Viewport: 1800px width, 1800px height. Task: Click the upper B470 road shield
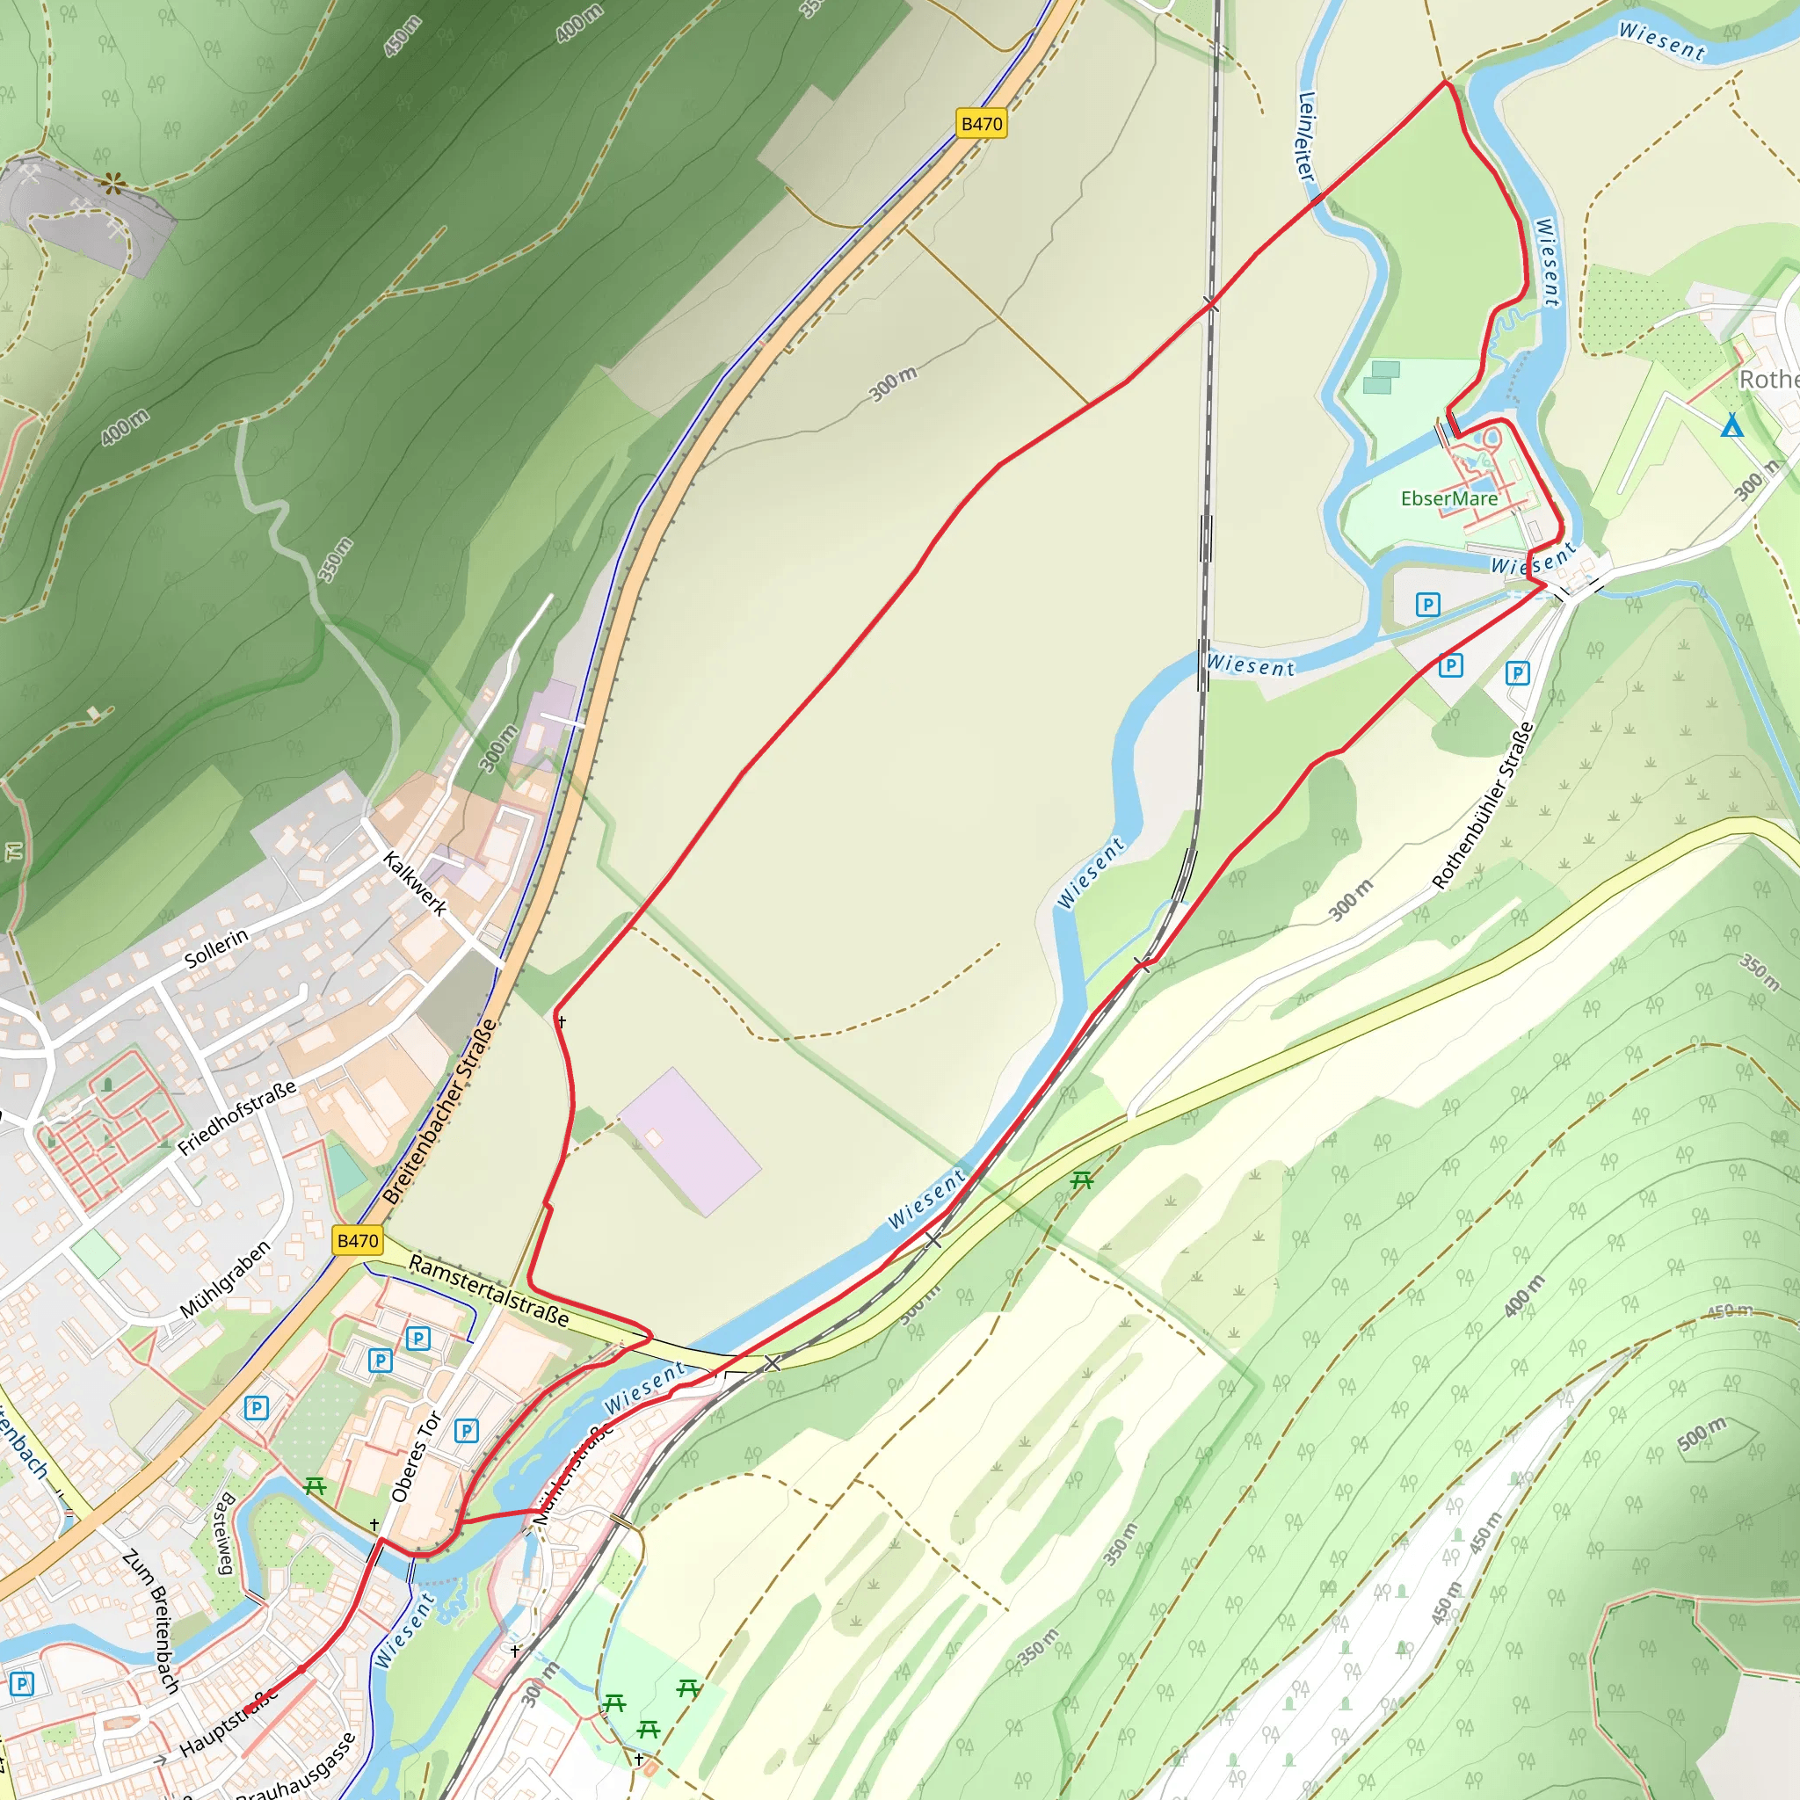(981, 124)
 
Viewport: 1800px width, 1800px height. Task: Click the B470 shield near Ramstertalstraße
(358, 1240)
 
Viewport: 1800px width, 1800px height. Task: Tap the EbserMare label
(1448, 498)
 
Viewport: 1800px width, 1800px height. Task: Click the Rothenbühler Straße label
(1481, 807)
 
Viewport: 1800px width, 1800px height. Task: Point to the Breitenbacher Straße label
(439, 1113)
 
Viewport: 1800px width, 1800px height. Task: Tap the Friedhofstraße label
(236, 1117)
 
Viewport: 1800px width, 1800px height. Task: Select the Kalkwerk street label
(415, 883)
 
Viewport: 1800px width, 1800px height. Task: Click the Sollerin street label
(216, 947)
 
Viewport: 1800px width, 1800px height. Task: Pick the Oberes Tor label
(416, 1456)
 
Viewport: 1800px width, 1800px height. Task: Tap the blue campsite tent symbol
(1731, 425)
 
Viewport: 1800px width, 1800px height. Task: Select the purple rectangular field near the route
(689, 1142)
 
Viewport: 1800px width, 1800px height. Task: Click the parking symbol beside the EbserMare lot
(1427, 605)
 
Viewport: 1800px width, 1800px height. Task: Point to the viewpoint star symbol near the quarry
(113, 184)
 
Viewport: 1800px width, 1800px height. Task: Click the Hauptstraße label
(229, 1722)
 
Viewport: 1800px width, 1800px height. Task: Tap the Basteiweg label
(223, 1533)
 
